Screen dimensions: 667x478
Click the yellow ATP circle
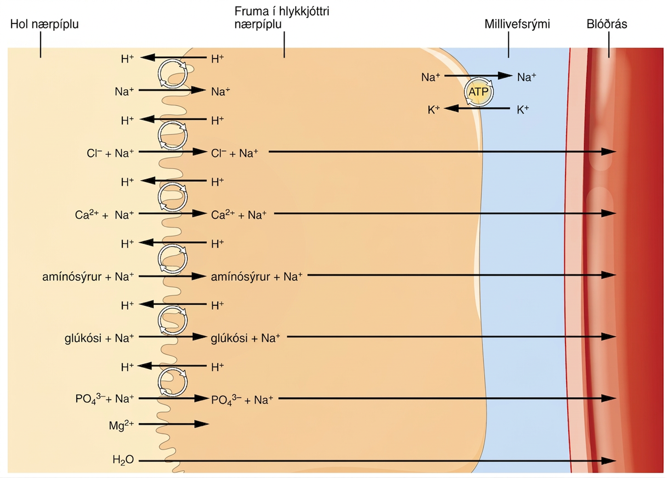click(478, 92)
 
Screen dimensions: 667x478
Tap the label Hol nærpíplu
click(45, 24)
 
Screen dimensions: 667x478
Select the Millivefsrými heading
click(517, 24)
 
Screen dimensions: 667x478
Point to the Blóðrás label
click(607, 24)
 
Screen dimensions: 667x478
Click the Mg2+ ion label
click(121, 425)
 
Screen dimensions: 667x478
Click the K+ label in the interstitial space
click(523, 110)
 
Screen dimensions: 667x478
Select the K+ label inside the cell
click(434, 110)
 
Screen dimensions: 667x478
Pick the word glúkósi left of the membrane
click(83, 338)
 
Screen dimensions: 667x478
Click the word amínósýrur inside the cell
click(241, 277)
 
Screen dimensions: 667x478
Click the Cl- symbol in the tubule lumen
click(94, 153)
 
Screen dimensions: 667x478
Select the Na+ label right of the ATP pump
click(527, 77)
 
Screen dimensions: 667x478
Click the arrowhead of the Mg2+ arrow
click(201, 424)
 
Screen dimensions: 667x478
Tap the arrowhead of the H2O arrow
click(609, 461)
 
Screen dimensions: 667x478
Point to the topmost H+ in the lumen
click(127, 59)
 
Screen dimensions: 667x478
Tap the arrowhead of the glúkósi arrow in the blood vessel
click(609, 337)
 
